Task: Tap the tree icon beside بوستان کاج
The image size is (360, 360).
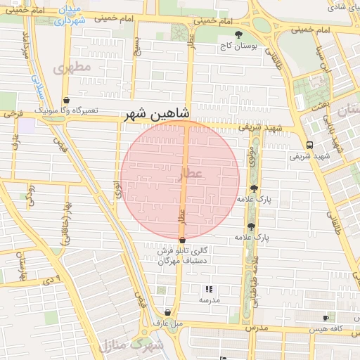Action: pos(238,34)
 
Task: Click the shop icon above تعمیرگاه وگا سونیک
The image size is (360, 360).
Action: pos(66,101)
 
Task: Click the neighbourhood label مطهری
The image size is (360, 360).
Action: pos(72,67)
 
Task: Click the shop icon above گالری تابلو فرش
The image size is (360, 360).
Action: pos(182,240)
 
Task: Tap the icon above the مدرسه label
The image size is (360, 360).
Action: pos(208,288)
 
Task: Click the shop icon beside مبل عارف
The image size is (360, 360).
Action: pos(167,312)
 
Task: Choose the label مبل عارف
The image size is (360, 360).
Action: pos(169,323)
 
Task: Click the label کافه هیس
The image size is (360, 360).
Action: pos(328,329)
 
